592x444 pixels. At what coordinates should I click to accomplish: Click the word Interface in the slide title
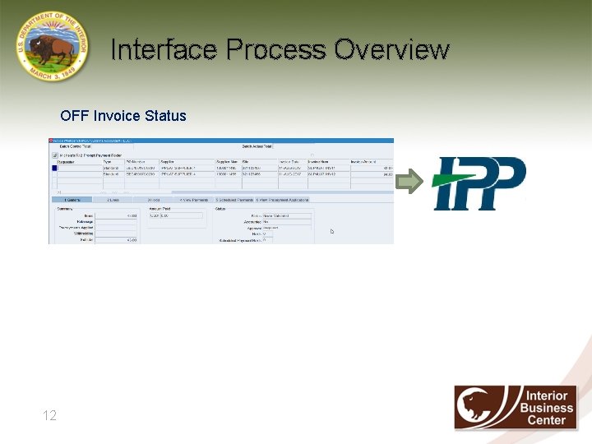point(164,50)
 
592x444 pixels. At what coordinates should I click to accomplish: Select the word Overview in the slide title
point(392,50)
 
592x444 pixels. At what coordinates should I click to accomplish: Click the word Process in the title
point(275,50)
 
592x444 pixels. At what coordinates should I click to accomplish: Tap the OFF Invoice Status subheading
point(123,116)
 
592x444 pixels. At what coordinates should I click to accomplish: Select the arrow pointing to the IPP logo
point(409,183)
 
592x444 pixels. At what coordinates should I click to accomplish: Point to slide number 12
point(49,416)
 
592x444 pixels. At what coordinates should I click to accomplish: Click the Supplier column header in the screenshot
point(168,162)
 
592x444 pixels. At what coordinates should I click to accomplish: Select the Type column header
point(108,162)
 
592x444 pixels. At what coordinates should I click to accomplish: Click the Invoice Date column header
point(289,162)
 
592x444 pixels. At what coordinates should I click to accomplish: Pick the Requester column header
point(68,162)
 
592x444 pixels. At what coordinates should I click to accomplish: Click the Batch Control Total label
point(76,146)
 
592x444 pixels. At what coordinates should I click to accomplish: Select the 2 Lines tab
point(111,200)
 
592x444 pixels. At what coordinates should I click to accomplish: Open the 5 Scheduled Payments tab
point(234,200)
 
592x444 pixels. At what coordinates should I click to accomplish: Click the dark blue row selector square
point(54,169)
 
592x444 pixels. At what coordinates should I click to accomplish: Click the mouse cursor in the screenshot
point(332,231)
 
